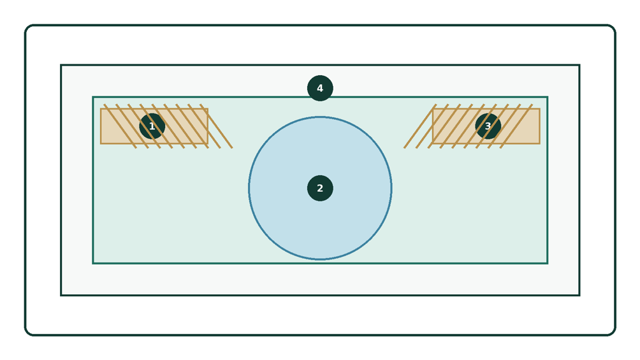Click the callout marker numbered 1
click(x=152, y=126)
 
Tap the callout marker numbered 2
click(x=320, y=188)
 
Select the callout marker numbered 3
click(x=488, y=126)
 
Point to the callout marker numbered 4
click(x=320, y=88)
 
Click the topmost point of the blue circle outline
click(x=320, y=117)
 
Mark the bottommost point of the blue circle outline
click(x=320, y=259)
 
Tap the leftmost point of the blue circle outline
click(x=249, y=188)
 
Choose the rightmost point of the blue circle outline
click(x=392, y=188)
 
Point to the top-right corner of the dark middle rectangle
click(x=579, y=65)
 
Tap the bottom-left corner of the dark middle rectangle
click(x=61, y=295)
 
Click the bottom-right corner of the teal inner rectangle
click(x=548, y=263)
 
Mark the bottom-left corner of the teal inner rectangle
click(x=93, y=263)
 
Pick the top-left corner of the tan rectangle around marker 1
click(x=101, y=108)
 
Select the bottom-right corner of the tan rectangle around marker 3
click(x=539, y=143)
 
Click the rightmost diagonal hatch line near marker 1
click(x=216, y=126)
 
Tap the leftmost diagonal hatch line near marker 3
click(x=421, y=126)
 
